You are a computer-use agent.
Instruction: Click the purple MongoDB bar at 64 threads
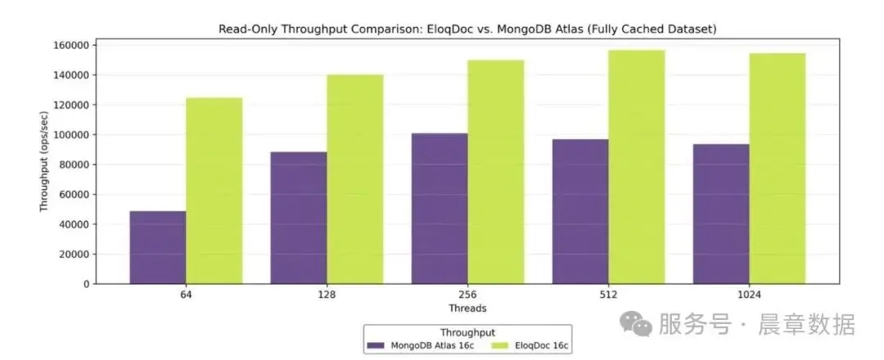[158, 247]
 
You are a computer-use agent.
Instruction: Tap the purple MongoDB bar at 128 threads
[299, 218]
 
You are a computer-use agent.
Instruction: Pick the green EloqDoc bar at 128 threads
[355, 179]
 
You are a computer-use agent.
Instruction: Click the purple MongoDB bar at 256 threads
[440, 209]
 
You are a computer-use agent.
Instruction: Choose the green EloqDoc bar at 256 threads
[496, 172]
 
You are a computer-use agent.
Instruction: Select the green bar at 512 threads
[637, 167]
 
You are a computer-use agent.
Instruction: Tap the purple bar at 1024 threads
[721, 214]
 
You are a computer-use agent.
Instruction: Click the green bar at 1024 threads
[778, 169]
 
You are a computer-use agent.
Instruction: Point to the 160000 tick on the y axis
[73, 45]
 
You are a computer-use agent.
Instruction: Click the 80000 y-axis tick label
[75, 164]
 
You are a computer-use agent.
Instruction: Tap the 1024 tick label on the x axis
[749, 295]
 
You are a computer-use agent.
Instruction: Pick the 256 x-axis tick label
[467, 295]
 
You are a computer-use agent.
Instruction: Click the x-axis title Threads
[467, 308]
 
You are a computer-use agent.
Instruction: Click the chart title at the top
[467, 29]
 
